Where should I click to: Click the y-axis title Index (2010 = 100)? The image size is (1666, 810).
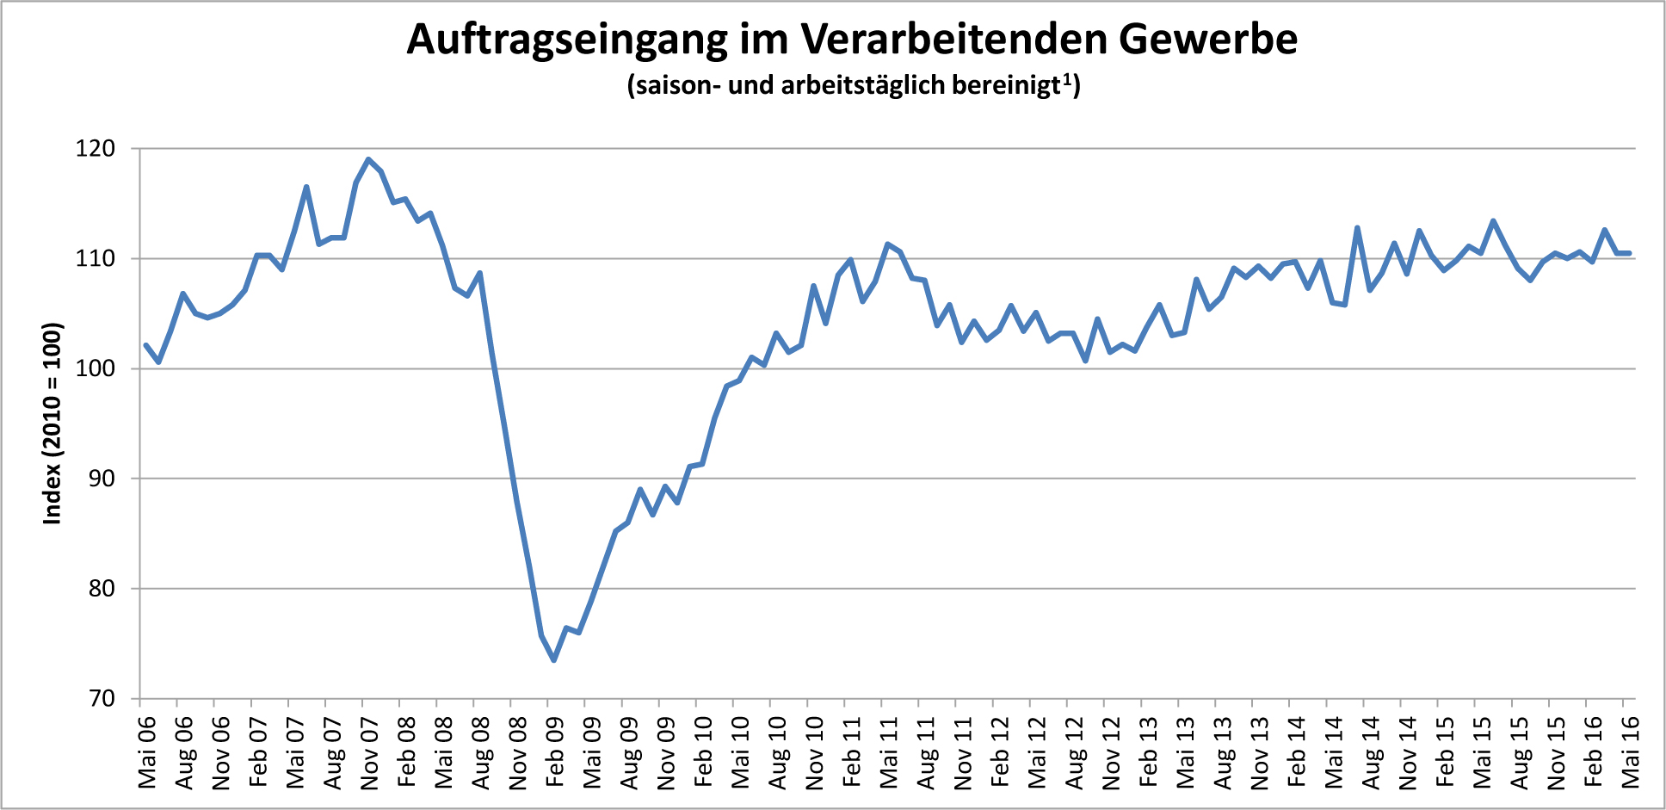[x=53, y=423]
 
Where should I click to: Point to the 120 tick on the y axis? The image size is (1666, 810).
[x=95, y=149]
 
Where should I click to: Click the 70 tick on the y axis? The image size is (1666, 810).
[x=102, y=698]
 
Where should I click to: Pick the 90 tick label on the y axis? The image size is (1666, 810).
[x=102, y=479]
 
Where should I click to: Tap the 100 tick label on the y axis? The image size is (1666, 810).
[x=95, y=368]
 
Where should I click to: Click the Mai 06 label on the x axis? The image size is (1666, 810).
[x=147, y=751]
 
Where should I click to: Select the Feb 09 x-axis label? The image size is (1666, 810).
[x=555, y=751]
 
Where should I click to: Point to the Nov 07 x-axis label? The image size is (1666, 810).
[x=369, y=751]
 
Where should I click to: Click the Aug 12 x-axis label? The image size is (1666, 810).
[x=1074, y=751]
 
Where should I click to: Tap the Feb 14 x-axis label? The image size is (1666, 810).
[x=1296, y=751]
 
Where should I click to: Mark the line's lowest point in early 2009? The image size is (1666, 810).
[x=554, y=660]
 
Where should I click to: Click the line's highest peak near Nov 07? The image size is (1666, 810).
[x=368, y=159]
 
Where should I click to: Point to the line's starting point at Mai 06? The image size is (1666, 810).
[x=145, y=345]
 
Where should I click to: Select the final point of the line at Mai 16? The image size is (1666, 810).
[x=1629, y=253]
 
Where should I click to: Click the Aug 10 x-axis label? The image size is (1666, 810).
[x=777, y=751]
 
